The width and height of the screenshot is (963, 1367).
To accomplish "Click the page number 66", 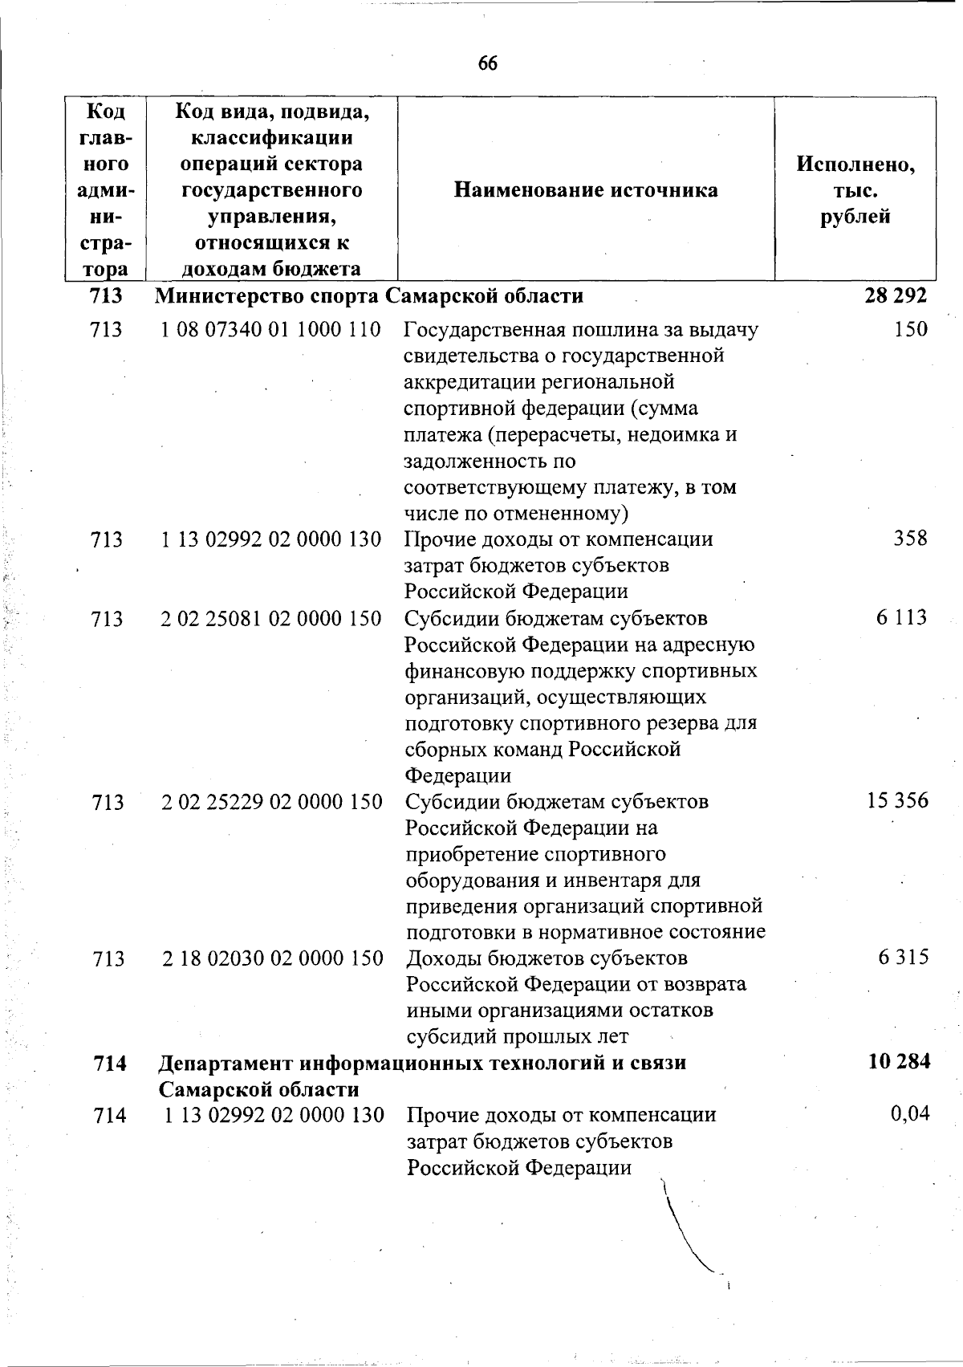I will coord(487,63).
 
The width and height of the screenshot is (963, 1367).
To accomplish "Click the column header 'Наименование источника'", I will coord(586,190).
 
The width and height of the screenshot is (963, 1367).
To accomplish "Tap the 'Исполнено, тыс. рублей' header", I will coord(855,190).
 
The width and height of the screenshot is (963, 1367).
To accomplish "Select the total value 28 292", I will coord(896,295).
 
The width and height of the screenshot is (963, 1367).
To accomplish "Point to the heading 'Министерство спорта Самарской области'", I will coord(369,296).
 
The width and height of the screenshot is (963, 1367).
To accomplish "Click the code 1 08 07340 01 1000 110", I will coord(271,329).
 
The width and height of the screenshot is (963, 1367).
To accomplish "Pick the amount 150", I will coord(911,329).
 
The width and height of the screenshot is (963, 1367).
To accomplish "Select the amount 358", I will coord(911,538).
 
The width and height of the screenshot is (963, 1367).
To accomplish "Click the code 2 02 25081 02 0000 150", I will coord(271,618).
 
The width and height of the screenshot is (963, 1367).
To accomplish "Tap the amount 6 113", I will coord(902,617).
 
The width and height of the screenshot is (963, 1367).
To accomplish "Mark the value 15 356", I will coord(897,800).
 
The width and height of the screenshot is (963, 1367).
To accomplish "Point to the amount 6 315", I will coord(904,957).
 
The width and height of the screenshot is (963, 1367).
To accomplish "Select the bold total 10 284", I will coord(899,1062).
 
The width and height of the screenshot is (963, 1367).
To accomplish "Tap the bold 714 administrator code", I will coord(110,1064).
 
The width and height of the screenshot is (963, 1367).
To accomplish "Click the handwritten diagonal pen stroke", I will coord(685,1227).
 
